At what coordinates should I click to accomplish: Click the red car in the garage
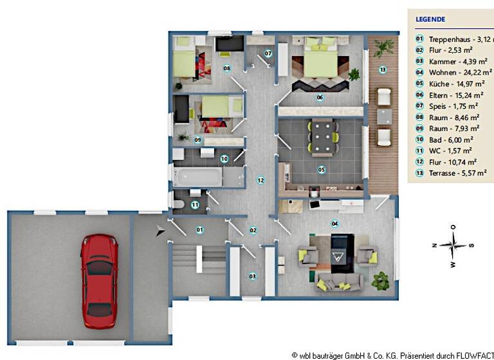(99, 280)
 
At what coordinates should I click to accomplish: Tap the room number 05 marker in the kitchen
(321, 170)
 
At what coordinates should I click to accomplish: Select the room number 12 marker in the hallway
(260, 180)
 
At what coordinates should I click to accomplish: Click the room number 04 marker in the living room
(334, 223)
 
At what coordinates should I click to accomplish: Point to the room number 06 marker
(319, 98)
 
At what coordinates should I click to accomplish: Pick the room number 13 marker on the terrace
(382, 69)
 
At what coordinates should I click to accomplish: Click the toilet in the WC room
(179, 204)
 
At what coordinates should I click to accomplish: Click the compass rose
(453, 245)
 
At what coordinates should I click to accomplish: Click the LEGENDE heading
(430, 19)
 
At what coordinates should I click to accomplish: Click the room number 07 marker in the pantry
(268, 53)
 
